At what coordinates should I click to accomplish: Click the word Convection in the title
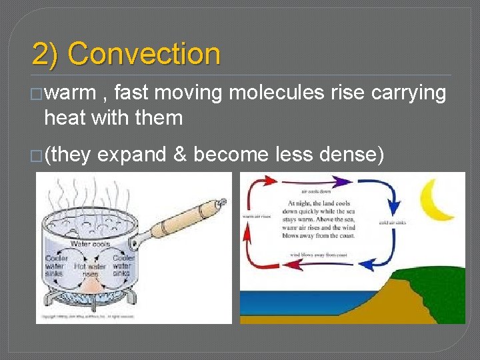(144, 54)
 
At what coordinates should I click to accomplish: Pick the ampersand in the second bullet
(179, 154)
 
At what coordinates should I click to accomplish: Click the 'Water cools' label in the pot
(90, 245)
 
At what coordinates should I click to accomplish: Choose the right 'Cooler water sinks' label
(124, 265)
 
